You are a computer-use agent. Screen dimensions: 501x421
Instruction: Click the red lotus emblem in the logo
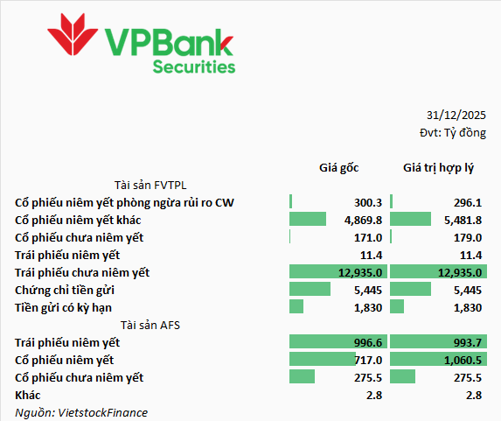tap(73, 34)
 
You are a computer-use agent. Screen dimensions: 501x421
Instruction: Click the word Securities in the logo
tap(194, 67)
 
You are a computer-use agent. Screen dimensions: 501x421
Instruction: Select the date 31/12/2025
tap(456, 116)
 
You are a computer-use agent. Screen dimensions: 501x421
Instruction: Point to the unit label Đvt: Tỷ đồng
tap(453, 132)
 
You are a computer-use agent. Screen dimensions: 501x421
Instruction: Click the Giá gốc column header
tap(339, 168)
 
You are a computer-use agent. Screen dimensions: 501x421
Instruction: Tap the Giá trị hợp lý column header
tap(438, 168)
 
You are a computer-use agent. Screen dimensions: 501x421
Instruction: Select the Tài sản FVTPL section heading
tap(150, 186)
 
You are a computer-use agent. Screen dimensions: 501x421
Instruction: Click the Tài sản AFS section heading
tap(150, 325)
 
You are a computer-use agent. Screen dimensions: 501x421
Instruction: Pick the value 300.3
tap(368, 202)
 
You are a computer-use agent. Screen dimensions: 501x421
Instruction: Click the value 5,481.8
tap(463, 220)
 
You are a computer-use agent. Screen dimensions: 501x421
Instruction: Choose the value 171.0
tap(368, 238)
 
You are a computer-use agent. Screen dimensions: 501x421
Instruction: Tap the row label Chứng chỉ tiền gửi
tap(65, 291)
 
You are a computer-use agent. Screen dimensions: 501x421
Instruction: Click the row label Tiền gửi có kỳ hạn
tap(63, 308)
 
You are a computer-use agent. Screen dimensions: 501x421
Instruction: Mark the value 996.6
tap(368, 342)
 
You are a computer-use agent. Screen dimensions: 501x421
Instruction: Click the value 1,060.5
tap(463, 361)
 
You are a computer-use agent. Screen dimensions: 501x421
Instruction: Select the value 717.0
tap(368, 361)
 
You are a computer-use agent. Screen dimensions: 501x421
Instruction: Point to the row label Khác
tap(27, 395)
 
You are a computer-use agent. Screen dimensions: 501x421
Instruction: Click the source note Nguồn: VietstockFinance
tap(81, 412)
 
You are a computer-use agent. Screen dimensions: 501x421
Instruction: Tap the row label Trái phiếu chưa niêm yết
tap(82, 272)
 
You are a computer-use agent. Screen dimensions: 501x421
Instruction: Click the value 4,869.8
tap(363, 220)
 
